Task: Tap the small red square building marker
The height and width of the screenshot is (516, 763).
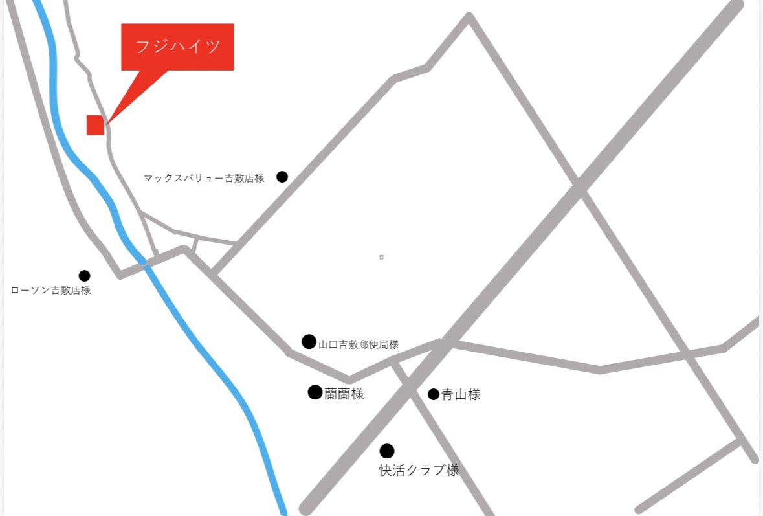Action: tap(95, 125)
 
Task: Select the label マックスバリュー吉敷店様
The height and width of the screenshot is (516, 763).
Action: tap(205, 178)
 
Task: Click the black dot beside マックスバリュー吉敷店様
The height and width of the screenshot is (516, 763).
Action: tap(282, 177)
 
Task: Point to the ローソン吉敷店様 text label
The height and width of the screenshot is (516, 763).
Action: tap(51, 291)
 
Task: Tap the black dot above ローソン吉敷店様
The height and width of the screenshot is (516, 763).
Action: tap(85, 276)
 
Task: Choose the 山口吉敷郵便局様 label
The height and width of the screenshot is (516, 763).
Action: tap(359, 345)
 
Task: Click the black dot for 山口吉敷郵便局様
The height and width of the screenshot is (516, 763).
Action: tap(309, 341)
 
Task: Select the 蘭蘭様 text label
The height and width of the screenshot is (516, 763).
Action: tap(344, 394)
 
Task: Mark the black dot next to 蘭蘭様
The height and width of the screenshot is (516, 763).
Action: tap(315, 392)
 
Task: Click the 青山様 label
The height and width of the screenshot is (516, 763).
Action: tap(461, 395)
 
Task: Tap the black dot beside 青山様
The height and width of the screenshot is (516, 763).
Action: tap(434, 394)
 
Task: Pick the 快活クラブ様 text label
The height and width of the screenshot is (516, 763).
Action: tap(419, 471)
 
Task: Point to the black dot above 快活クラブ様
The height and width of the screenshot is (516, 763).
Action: tap(387, 451)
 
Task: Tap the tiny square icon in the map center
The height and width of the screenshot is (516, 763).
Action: tap(381, 257)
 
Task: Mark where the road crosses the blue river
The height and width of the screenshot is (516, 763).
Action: tap(144, 262)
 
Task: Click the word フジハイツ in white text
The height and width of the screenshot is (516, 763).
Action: tap(178, 47)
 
